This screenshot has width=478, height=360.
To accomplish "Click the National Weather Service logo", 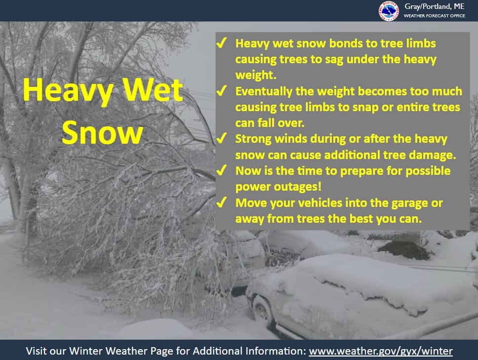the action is tap(389, 11).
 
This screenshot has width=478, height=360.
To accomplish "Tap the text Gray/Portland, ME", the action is tap(435, 6).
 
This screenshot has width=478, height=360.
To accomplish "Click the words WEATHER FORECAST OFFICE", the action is tap(435, 15).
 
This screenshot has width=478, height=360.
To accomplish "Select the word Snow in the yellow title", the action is tap(102, 133).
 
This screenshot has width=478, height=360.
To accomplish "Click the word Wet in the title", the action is tap(153, 90).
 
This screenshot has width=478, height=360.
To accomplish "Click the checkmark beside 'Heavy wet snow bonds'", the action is tap(221, 43).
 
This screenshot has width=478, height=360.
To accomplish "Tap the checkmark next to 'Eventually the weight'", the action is tap(221, 91).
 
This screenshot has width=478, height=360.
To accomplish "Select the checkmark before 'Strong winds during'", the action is tap(221, 138).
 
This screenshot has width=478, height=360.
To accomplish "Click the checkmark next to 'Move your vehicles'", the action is tap(221, 202).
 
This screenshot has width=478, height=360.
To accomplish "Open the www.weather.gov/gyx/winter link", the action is tap(381, 351).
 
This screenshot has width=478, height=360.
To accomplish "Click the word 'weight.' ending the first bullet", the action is tap(256, 75).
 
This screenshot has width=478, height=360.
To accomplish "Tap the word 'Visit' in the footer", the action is tap(36, 351).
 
